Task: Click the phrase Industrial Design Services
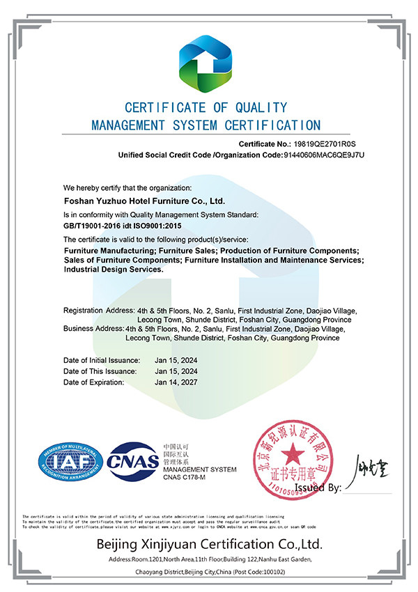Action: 114,269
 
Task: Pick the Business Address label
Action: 93,328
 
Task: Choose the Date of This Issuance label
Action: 100,371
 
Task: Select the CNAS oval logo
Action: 132,461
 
